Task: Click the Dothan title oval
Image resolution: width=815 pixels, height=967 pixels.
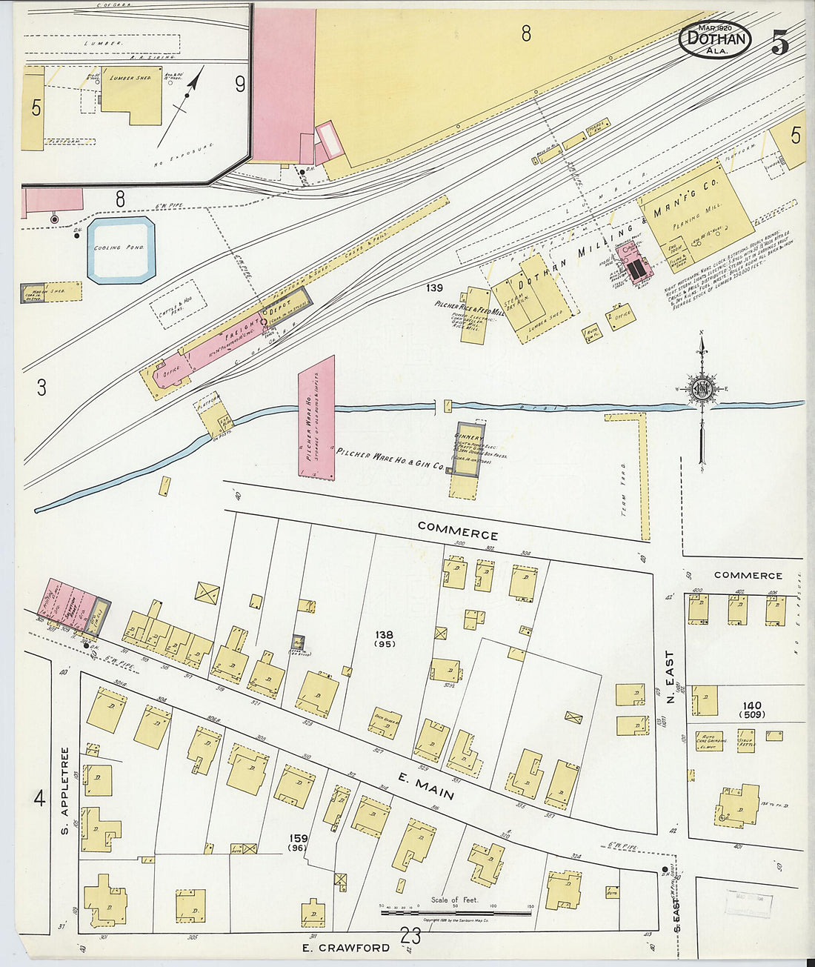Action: point(714,39)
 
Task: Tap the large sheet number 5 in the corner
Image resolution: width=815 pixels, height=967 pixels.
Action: point(779,43)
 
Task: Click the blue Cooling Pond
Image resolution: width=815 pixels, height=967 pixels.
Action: point(121,250)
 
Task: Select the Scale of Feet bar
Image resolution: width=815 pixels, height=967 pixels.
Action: point(456,912)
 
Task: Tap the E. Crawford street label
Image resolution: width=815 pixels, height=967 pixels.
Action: point(346,948)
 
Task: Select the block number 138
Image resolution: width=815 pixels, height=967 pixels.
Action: point(384,635)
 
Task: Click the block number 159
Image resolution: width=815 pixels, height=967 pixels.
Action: point(299,839)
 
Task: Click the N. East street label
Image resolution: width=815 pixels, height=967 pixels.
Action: point(671,677)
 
